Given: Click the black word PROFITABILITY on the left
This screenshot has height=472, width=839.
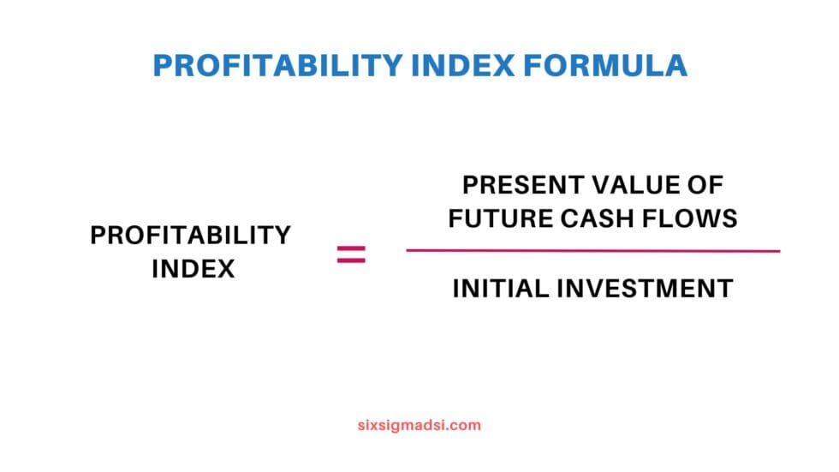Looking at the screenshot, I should [x=191, y=236].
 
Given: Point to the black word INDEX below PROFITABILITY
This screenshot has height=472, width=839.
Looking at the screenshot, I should [x=193, y=269].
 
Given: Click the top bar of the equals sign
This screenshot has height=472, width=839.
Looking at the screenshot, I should [x=351, y=248].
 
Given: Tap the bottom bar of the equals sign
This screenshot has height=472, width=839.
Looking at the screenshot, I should [x=351, y=260].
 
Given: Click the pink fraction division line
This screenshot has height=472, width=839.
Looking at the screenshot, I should [x=592, y=251].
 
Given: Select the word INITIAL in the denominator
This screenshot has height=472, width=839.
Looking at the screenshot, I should [x=501, y=289].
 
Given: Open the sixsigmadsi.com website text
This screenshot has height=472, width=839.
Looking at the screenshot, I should [x=419, y=425].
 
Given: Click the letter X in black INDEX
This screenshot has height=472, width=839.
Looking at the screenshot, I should [x=225, y=269].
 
